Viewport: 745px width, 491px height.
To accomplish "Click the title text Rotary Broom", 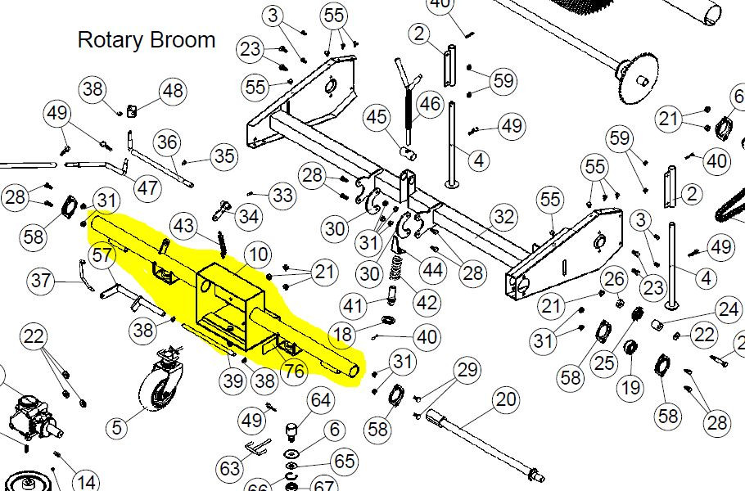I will (147, 39).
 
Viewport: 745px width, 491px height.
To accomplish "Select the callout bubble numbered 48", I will (172, 92).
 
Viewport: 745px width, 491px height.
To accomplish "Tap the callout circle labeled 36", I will (167, 143).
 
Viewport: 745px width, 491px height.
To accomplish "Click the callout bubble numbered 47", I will (147, 188).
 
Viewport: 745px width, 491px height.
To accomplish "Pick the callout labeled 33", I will (282, 196).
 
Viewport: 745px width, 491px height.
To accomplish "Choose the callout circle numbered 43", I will (185, 226).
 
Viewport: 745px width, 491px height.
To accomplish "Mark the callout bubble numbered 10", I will (258, 254).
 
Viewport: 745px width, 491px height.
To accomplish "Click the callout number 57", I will (102, 256).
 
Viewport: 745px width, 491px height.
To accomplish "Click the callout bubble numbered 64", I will (321, 401).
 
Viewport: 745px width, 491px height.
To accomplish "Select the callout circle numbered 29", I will (467, 372).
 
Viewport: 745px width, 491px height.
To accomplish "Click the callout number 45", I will (377, 118).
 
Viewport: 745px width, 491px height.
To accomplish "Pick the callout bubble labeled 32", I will (504, 217).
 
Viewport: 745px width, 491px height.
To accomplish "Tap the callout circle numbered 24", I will (728, 310).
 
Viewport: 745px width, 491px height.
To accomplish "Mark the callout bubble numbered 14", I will (86, 481).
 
